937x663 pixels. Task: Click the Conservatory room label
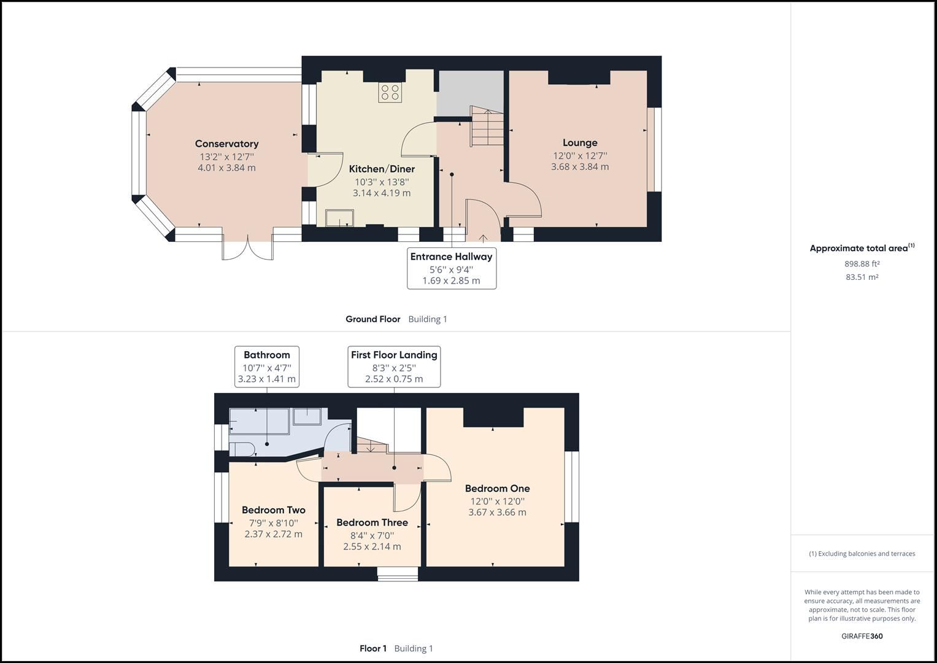[226, 144]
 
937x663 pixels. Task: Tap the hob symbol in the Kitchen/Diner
[390, 92]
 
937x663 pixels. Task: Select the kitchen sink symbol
[339, 217]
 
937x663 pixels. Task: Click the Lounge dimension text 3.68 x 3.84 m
[579, 167]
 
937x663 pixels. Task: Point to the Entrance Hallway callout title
[451, 257]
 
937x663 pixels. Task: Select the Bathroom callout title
[266, 355]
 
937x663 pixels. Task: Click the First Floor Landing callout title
[394, 355]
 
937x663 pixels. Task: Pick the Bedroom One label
[497, 489]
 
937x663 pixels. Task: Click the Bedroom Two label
[273, 510]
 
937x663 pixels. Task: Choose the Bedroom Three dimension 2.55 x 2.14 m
[372, 546]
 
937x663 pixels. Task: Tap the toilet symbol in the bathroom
[241, 448]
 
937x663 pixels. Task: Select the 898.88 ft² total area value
[862, 264]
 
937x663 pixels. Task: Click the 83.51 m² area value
[862, 277]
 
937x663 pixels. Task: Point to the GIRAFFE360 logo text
[862, 636]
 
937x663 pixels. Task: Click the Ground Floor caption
[372, 319]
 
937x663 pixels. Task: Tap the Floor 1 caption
[372, 648]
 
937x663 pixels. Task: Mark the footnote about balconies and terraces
[862, 554]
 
